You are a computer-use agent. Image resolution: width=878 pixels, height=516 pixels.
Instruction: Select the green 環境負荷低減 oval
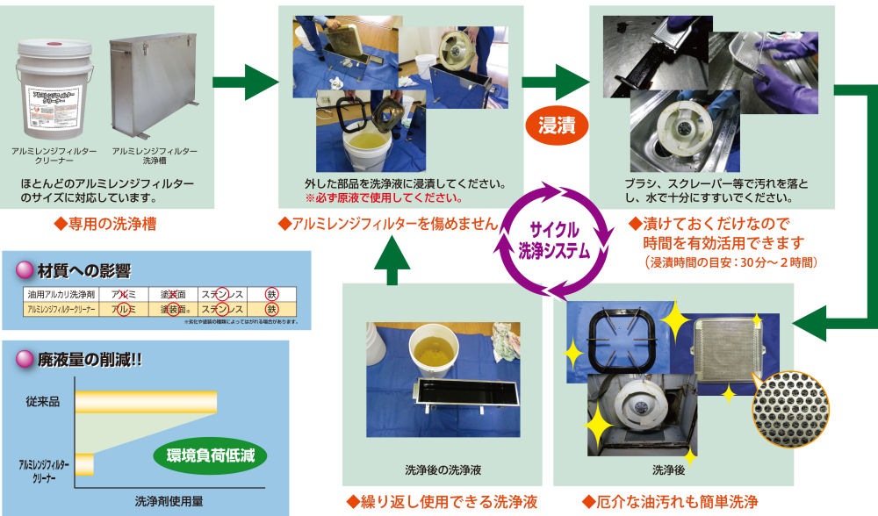[206, 455]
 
